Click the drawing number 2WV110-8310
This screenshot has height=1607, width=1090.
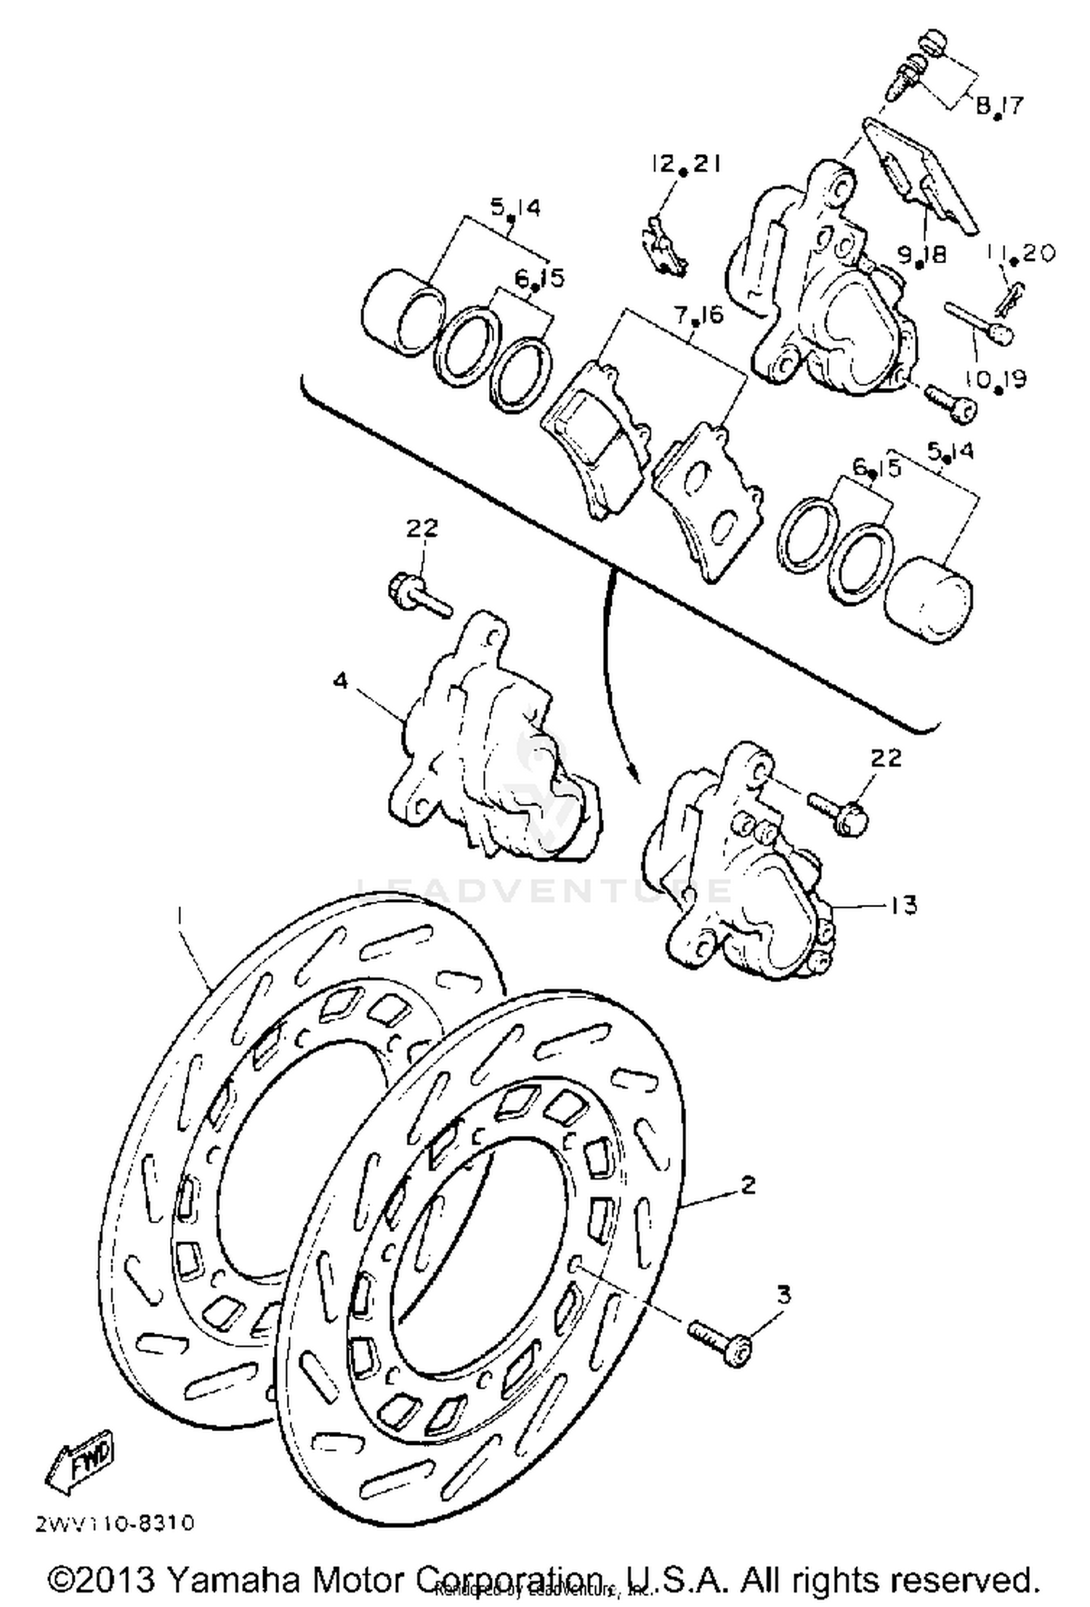(115, 1523)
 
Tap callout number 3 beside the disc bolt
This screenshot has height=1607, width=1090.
(783, 1294)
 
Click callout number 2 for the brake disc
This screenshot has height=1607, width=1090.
(748, 1185)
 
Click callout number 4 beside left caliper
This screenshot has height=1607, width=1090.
(341, 681)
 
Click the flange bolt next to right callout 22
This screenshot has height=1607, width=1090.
(836, 813)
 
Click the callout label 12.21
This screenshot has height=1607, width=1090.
(684, 164)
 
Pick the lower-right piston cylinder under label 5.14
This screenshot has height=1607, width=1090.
(929, 600)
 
